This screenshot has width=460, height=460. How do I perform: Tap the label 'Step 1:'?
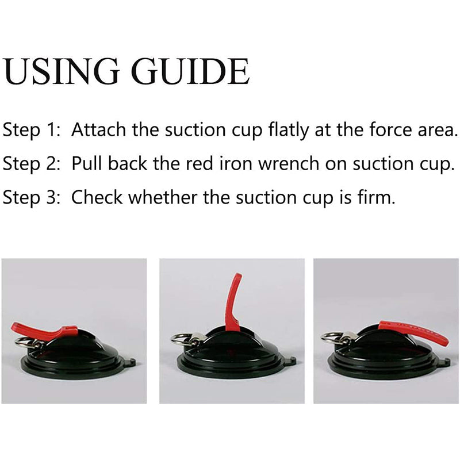[32, 130]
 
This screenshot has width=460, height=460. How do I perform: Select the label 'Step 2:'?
[32, 164]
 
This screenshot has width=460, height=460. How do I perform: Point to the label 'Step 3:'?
[32, 197]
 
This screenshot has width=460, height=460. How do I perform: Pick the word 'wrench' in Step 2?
[289, 163]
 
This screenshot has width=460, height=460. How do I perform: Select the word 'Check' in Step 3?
[97, 197]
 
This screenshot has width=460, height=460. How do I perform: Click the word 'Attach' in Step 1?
[98, 129]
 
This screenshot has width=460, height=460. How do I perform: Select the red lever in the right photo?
[413, 332]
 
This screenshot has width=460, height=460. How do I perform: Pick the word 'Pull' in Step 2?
[88, 163]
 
